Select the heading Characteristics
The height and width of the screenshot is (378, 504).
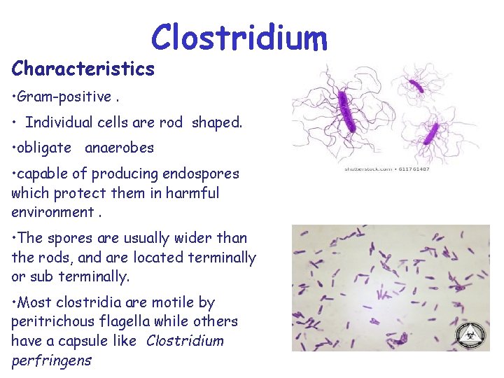point(83,69)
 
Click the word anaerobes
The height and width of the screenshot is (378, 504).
point(119,148)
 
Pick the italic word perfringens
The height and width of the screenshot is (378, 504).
point(51,360)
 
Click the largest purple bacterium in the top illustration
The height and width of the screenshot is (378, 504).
point(345,113)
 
